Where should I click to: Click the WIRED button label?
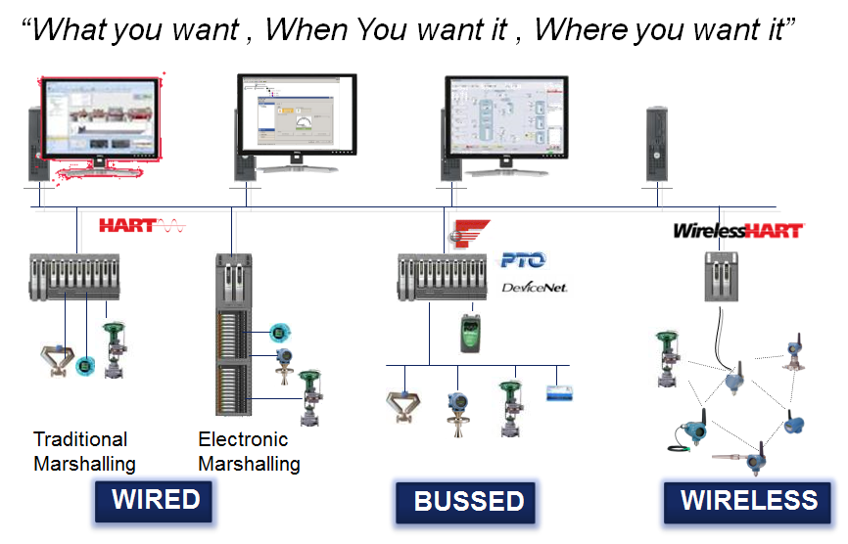coord(156,501)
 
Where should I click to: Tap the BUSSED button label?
coord(469,502)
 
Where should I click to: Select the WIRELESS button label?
coord(749,501)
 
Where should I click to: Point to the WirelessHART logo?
coord(737,231)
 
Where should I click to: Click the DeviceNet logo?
coord(534,287)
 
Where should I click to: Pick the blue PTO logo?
coord(523,259)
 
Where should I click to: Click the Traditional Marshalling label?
coord(83,451)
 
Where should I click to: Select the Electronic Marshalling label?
coord(248,451)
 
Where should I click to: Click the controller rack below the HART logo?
coord(74,278)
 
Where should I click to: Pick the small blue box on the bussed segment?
coord(558,391)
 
